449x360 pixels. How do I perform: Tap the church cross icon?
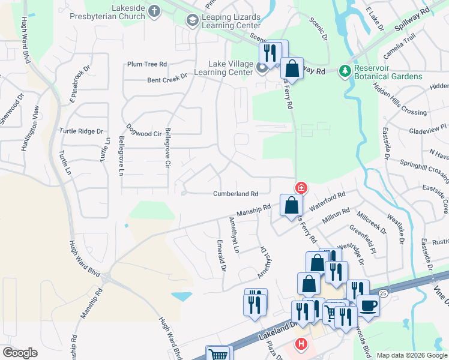point(154,11)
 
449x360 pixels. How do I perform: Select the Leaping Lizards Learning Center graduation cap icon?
point(193,21)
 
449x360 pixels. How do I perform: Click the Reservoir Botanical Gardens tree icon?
point(345,71)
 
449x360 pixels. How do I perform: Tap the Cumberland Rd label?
point(236,194)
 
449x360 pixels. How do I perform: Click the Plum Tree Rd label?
point(146,64)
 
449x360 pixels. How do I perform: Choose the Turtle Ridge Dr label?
point(81,131)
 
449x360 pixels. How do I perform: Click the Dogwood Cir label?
point(145,134)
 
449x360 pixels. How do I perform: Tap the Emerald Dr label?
point(222,256)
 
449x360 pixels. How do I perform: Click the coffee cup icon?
point(368,305)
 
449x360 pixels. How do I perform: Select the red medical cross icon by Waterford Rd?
point(301,188)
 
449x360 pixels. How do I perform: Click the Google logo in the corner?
point(20,353)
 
